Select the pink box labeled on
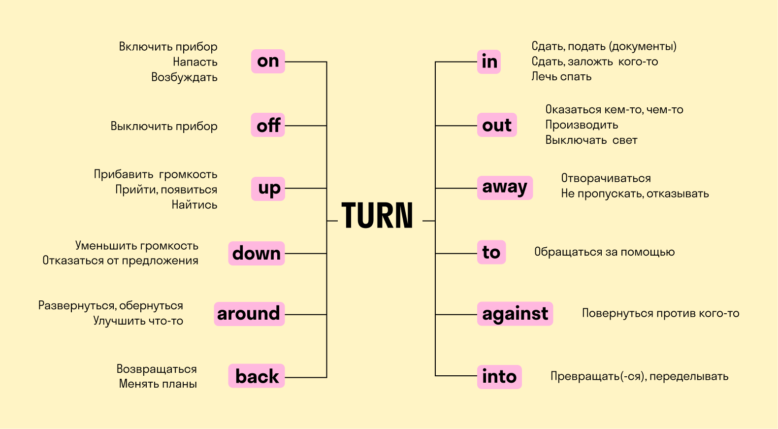coord(268,62)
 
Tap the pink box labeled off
coord(268,125)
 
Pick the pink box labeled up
coord(268,189)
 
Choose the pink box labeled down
coord(257,253)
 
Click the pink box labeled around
coord(249,314)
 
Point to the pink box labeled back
coord(257,376)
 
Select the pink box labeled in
coord(488,62)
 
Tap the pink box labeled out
coord(497,125)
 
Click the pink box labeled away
coord(505,188)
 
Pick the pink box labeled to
coord(491,252)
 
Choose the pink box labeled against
coord(515,314)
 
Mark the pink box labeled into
coord(499,377)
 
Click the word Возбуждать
coord(184,77)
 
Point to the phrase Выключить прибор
coord(164,126)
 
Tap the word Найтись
coord(194,204)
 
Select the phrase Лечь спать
coord(561,76)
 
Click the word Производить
coord(582,125)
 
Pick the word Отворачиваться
coord(606,178)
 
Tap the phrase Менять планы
coord(158,384)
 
